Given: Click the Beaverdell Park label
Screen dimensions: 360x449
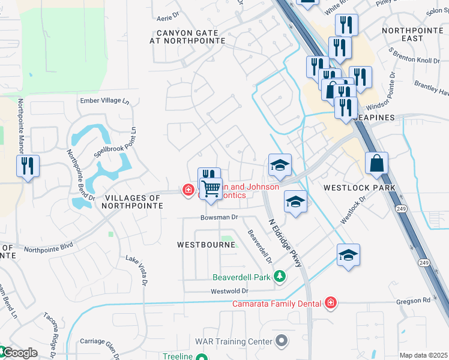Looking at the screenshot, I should (x=242, y=277).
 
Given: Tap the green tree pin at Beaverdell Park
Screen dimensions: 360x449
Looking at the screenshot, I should (x=279, y=277).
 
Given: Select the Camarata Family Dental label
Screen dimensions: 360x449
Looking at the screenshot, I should (x=277, y=304).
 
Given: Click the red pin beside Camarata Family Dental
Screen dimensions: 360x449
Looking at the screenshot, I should (x=330, y=304).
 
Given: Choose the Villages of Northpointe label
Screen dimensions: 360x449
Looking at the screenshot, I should (x=133, y=202).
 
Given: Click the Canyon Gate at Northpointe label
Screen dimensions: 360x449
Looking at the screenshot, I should (x=187, y=37).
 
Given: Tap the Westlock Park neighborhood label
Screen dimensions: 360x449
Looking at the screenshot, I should (x=359, y=188).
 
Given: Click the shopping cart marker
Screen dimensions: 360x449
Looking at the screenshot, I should (x=211, y=189).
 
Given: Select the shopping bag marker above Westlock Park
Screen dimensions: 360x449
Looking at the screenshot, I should (x=376, y=164).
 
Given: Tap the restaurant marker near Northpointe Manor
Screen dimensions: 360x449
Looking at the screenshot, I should (x=28, y=166).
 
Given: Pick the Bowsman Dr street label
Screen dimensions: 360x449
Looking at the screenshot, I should (x=220, y=217).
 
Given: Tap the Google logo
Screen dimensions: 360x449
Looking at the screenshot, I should (x=19, y=353).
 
